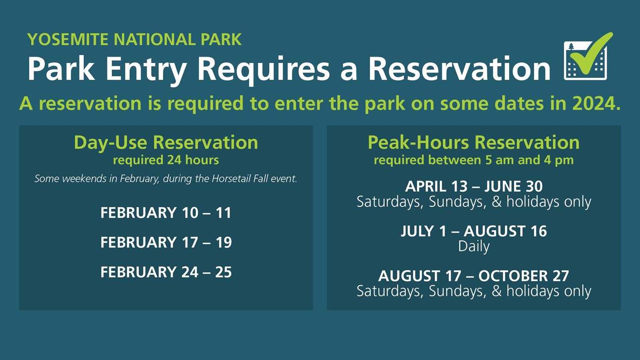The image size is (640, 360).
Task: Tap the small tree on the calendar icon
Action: tap(571, 47)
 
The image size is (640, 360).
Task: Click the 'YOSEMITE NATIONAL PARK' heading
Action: tap(134, 39)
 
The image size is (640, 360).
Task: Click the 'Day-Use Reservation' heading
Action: tap(166, 142)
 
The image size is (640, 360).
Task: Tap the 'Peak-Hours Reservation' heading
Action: tap(474, 142)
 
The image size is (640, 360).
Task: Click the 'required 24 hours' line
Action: tap(166, 160)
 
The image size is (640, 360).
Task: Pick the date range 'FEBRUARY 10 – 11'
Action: tap(166, 213)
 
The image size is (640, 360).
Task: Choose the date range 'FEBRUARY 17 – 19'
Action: tap(166, 243)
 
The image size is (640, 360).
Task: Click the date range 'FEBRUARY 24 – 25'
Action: tap(166, 272)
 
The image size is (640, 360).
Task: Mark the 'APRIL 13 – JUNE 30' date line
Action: tap(474, 187)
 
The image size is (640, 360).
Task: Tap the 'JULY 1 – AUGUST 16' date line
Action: tap(474, 231)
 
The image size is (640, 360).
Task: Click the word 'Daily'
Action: tap(474, 246)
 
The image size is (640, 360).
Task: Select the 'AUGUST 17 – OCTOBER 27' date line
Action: tap(474, 276)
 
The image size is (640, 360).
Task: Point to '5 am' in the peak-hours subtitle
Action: tap(500, 160)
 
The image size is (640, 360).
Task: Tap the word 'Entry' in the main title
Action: tap(146, 70)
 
